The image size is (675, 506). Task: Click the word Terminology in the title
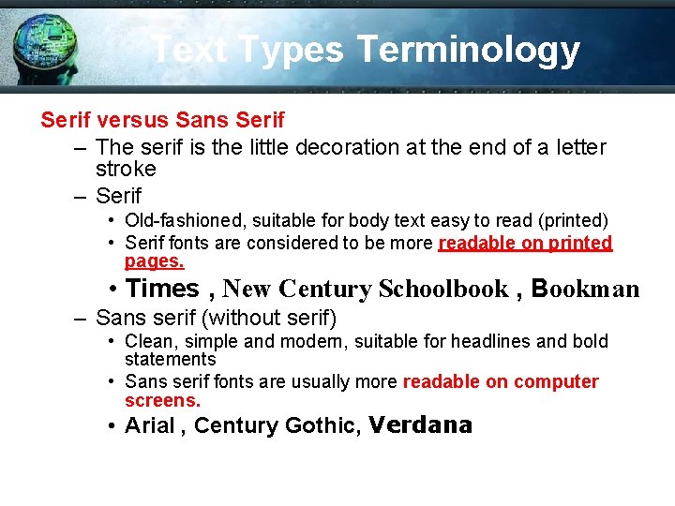point(468,50)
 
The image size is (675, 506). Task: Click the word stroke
point(126,170)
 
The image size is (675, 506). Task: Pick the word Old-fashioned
point(182,220)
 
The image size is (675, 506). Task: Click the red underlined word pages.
point(155,261)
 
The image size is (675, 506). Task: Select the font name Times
point(162,289)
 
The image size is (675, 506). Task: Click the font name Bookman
point(585,290)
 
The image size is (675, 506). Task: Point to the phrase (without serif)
point(269,318)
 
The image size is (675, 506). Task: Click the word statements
point(171,359)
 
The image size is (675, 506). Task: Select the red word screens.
point(162,400)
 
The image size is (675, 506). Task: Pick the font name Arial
point(150,426)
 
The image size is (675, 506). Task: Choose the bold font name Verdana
point(420,425)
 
